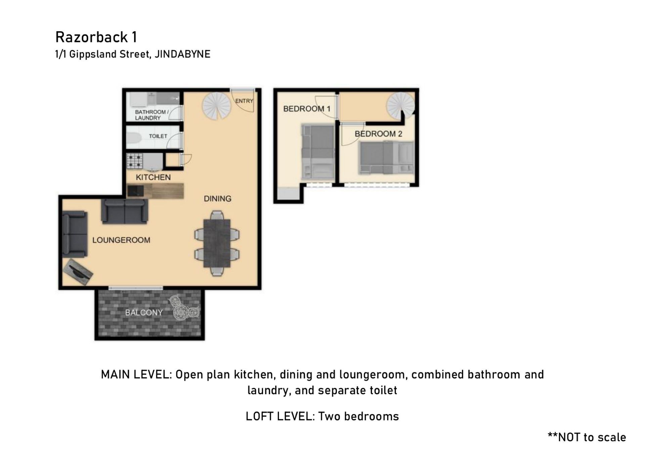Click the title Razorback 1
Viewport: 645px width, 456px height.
(x=96, y=37)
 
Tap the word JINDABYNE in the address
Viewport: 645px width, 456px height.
(x=182, y=54)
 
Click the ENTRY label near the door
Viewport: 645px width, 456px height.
(x=244, y=101)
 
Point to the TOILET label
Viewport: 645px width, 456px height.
(x=158, y=136)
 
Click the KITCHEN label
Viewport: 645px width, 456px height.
(x=153, y=177)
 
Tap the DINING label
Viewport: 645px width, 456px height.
(x=217, y=199)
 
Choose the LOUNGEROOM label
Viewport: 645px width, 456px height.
(x=121, y=240)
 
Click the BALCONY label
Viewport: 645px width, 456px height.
(x=144, y=313)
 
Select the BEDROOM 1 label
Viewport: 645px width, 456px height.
(x=307, y=109)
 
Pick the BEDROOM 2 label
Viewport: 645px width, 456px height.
(x=378, y=134)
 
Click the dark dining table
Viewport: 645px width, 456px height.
(x=217, y=243)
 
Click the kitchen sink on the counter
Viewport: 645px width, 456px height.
(x=136, y=191)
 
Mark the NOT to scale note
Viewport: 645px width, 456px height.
(x=587, y=437)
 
